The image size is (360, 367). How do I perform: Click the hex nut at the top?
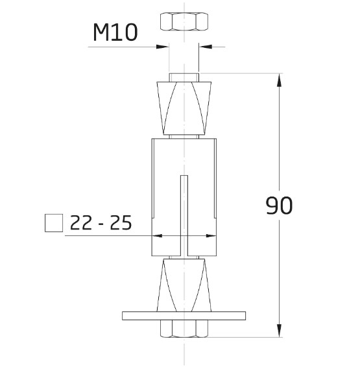[184, 21]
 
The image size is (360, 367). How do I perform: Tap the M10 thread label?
[115, 33]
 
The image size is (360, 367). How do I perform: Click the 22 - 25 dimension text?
[100, 223]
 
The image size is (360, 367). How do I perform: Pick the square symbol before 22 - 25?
[54, 223]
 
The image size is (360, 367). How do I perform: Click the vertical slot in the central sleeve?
[184, 214]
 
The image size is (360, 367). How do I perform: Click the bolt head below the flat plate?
[184, 329]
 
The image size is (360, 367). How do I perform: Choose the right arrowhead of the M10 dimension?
[205, 46]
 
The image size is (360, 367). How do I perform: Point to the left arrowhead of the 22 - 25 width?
[156, 236]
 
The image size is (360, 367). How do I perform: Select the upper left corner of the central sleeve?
[152, 139]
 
